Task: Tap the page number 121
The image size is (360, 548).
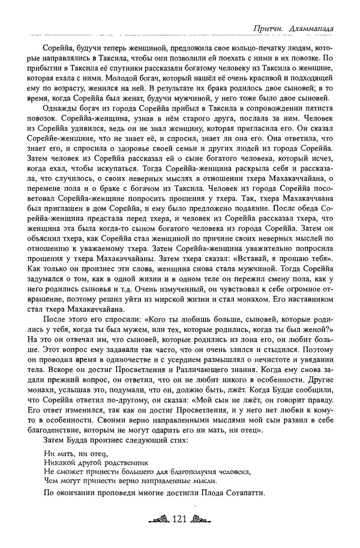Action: pos(181,520)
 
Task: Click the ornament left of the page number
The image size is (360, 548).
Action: pos(158,520)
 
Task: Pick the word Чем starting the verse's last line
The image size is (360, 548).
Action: pos(50,481)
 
